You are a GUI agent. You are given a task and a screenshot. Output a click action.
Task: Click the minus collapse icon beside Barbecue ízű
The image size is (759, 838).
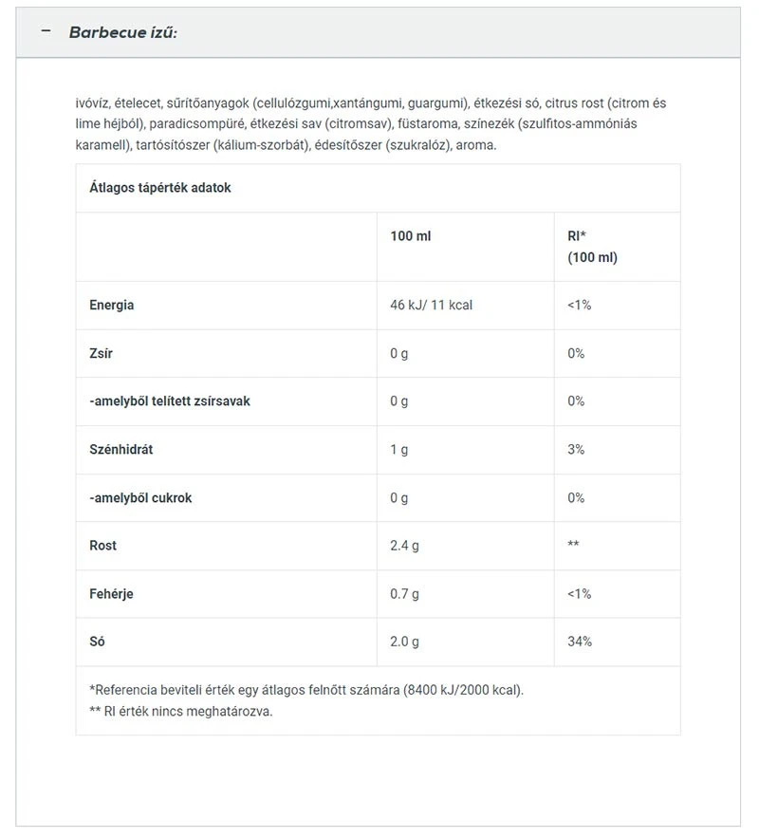45,31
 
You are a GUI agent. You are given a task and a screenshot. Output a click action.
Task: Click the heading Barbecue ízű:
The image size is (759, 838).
122,32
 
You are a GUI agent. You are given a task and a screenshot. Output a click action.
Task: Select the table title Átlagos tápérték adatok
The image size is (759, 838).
160,188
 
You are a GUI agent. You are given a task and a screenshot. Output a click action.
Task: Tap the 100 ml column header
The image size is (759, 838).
410,235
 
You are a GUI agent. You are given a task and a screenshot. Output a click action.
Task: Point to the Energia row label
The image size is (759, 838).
112,306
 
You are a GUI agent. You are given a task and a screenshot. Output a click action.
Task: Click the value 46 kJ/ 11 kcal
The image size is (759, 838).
431,306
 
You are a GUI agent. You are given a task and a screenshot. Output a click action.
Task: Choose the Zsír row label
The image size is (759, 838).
102,353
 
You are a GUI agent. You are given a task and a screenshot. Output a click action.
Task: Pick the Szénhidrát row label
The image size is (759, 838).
121,450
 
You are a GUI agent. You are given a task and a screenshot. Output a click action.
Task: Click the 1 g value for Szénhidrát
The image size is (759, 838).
398,450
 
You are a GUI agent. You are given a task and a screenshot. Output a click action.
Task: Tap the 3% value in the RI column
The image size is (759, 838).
576,450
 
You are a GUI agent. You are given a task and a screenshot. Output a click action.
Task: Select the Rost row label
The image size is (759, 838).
103,546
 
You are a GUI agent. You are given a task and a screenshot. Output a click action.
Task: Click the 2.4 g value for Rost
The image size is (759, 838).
404,546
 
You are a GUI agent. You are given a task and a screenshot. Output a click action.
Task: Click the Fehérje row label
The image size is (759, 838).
111,594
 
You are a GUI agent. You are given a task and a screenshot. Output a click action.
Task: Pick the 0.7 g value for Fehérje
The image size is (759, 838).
404,594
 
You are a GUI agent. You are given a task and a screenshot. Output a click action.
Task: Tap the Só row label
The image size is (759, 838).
98,642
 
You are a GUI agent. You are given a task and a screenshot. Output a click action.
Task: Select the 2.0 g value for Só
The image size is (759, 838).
404,642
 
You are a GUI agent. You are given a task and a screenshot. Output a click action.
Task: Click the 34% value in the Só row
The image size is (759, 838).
580,642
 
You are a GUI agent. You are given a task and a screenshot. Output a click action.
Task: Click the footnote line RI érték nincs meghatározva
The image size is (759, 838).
181,712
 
